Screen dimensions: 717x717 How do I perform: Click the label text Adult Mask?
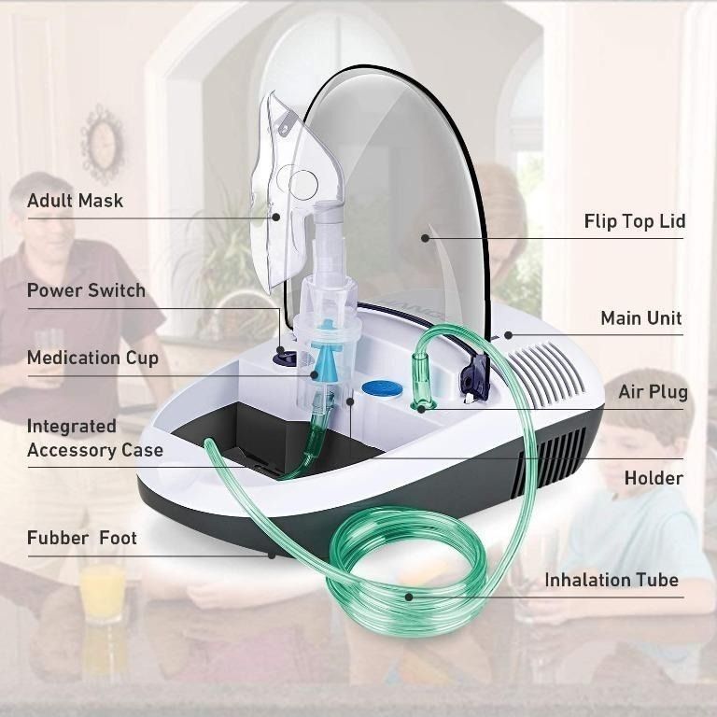(75, 201)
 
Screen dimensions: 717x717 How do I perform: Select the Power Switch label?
(86, 290)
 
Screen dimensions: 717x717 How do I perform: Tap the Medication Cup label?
(92, 358)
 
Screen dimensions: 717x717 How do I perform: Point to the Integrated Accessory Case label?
(94, 438)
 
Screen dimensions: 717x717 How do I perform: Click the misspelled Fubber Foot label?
(81, 538)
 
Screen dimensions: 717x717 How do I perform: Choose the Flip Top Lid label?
(635, 221)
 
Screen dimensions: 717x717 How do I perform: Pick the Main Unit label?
(640, 318)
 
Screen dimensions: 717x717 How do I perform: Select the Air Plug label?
(653, 391)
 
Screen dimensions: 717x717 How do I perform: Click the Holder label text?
(654, 478)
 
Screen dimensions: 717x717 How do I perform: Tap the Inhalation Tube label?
(612, 580)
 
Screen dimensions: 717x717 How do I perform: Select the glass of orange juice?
(102, 588)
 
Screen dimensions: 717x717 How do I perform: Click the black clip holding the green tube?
(471, 377)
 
